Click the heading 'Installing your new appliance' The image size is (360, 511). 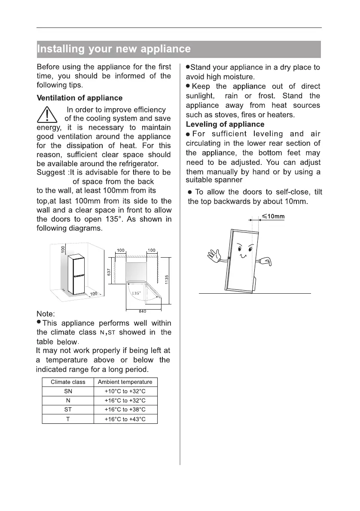coord(114,49)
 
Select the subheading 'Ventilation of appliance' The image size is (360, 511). coord(79,98)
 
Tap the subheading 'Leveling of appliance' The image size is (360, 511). coord(225,125)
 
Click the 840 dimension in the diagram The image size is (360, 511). coord(143,311)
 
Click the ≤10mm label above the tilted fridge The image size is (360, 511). coord(273,216)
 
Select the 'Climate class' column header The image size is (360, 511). coord(68,382)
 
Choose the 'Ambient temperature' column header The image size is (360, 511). coord(125,382)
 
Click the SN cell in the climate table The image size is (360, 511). coord(68,391)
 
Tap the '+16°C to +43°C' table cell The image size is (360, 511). coord(125,419)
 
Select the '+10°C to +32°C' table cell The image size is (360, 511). coord(125,391)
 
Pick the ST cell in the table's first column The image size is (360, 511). coord(68,410)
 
